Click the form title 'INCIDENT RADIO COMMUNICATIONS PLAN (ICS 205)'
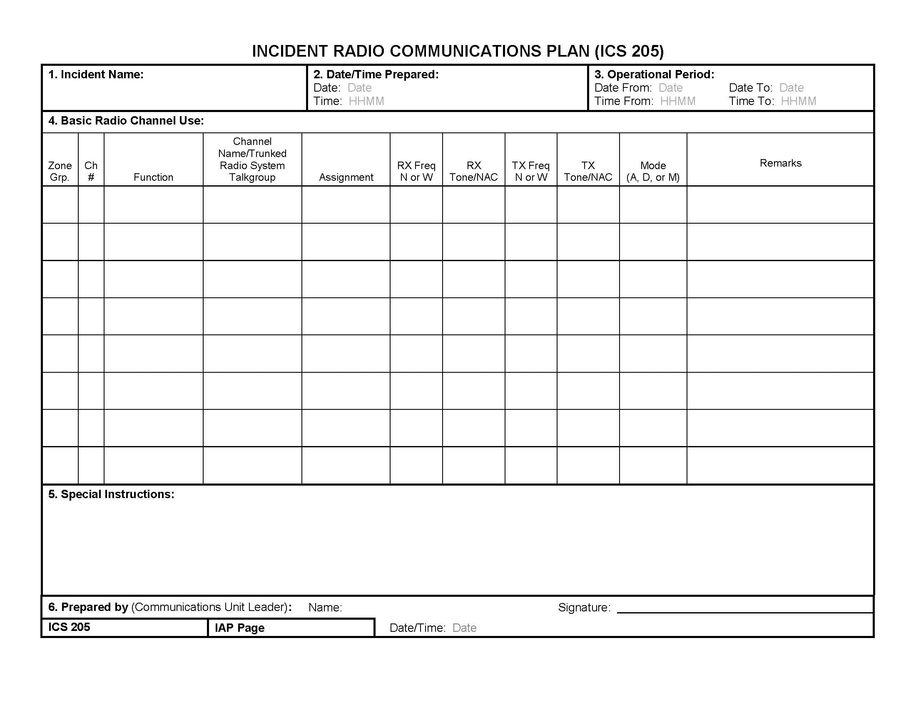(x=458, y=51)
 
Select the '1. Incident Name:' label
(x=96, y=75)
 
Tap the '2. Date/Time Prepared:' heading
(x=376, y=75)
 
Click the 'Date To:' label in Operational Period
(x=750, y=88)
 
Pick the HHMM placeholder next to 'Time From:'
(x=678, y=102)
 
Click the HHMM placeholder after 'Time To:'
(x=799, y=102)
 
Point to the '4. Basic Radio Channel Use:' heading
(x=126, y=121)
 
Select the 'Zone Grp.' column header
(x=60, y=172)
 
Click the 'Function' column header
(x=153, y=177)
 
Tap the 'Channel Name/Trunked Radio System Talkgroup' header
(x=252, y=160)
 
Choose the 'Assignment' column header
(x=346, y=177)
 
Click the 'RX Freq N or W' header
(x=416, y=172)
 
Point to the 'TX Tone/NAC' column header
(x=588, y=172)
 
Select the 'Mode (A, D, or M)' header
(x=653, y=172)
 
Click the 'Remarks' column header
(x=781, y=163)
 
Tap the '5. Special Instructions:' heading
(x=111, y=494)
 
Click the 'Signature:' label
(x=584, y=607)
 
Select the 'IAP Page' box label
(x=239, y=628)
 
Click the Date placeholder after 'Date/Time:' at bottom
(x=464, y=628)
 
